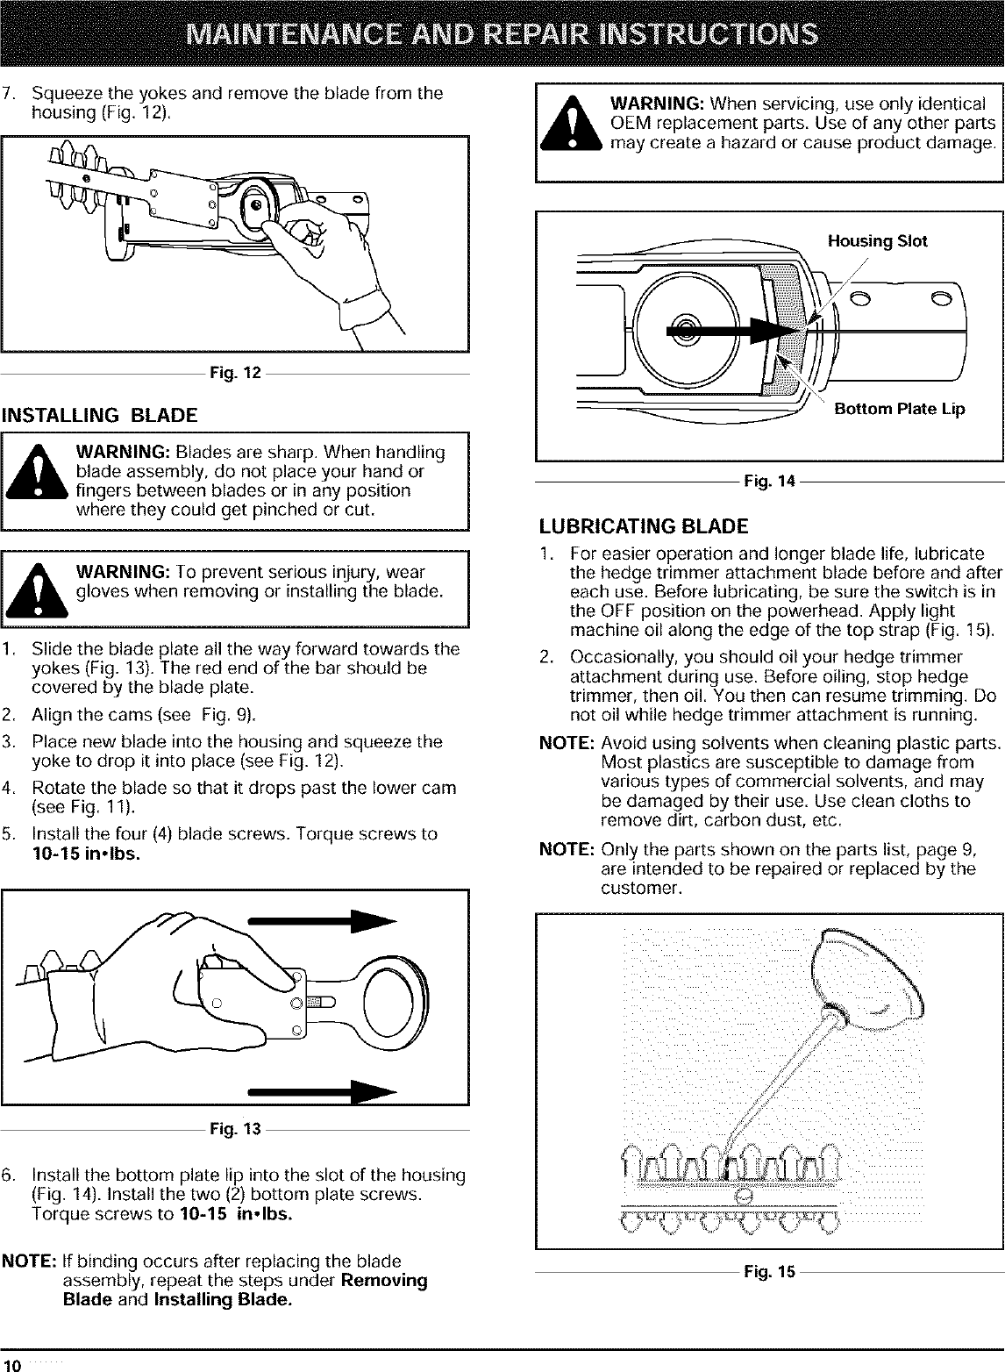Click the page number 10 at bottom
pos(12,1363)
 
